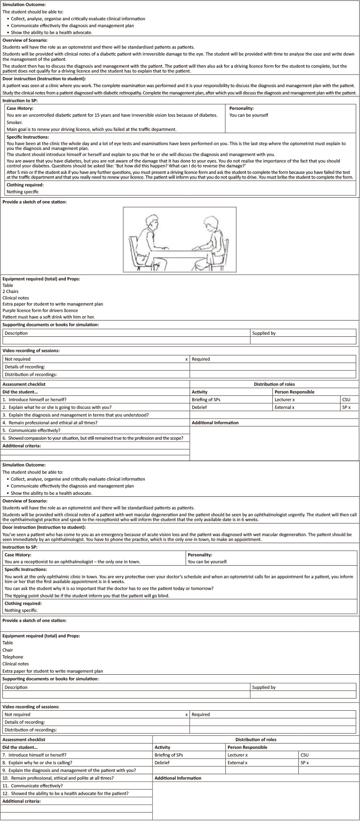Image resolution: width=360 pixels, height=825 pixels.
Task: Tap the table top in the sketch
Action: (x=179, y=252)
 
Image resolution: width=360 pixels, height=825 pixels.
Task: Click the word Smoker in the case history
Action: (x=15, y=122)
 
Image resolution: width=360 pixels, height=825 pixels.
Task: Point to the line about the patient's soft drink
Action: (x=48, y=317)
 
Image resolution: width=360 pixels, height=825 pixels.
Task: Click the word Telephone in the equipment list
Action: (x=13, y=657)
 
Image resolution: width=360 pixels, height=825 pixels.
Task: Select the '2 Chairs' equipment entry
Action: (x=11, y=291)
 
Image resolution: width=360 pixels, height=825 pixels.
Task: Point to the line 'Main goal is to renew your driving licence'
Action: (x=91, y=129)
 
